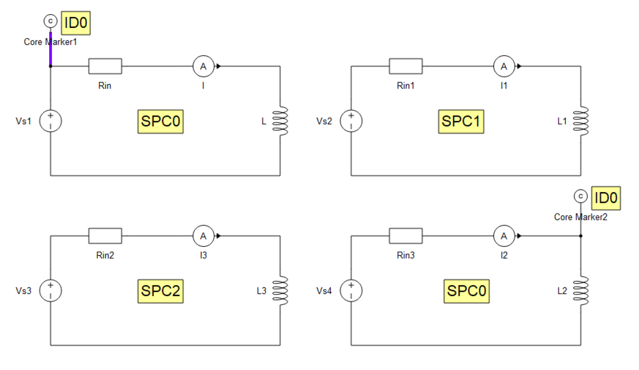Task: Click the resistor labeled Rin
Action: pos(105,66)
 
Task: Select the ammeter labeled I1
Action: pos(504,66)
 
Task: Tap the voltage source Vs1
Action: pos(50,121)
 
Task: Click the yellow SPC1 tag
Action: pos(461,121)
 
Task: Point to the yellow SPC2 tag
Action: pos(160,291)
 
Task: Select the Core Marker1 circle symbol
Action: pos(50,21)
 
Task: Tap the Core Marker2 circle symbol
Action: pos(581,196)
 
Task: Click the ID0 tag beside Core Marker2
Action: pos(606,198)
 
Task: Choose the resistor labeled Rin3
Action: pos(406,236)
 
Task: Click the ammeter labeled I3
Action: pos(203,236)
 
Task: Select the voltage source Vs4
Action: pos(351,291)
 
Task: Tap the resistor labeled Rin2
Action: pos(105,236)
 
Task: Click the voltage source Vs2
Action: pos(351,121)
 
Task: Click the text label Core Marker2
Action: pos(581,217)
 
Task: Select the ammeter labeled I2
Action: pos(504,236)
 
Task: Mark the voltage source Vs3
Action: pos(50,291)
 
